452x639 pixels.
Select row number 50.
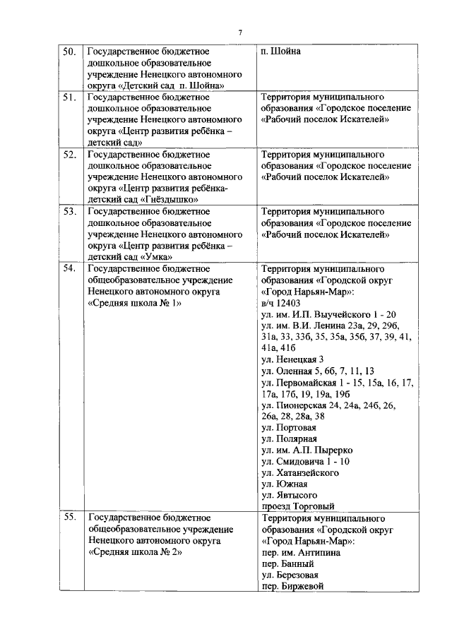(70, 52)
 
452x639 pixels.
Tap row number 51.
(70, 97)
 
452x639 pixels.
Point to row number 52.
(70, 154)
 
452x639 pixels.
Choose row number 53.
(70, 211)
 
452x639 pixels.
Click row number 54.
(70, 268)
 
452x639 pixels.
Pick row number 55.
(70, 518)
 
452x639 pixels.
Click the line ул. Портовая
(289, 427)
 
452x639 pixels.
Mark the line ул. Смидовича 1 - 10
(305, 461)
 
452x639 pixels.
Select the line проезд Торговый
(297, 506)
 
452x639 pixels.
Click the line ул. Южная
(284, 484)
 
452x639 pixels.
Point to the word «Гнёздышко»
(165, 199)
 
